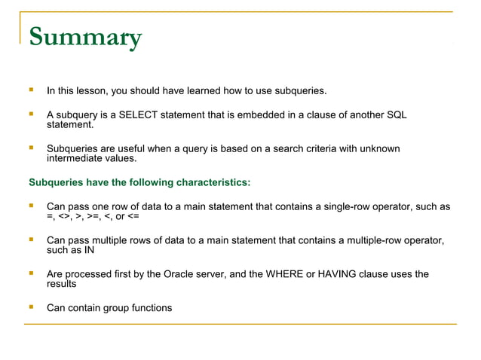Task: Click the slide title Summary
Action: click(84, 38)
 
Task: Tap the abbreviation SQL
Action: click(397, 115)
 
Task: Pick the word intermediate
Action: click(74, 159)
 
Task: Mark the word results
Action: click(62, 285)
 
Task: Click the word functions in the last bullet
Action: click(149, 308)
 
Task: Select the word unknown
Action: click(380, 149)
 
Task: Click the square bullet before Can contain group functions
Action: click(31, 307)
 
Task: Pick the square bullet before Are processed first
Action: click(31, 273)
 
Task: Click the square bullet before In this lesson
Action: click(31, 91)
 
